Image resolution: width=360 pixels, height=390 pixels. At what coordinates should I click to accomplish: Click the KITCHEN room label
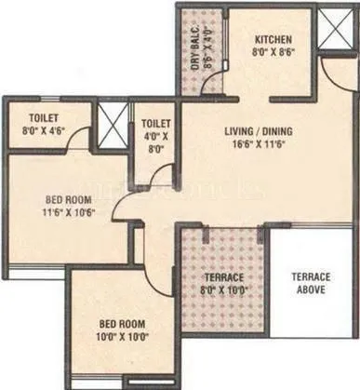(274, 40)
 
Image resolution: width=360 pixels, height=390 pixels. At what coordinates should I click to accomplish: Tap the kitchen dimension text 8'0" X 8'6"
(274, 54)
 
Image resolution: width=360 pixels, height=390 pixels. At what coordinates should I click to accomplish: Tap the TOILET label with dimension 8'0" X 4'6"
(44, 118)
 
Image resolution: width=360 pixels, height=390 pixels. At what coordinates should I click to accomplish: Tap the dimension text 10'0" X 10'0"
(124, 337)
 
